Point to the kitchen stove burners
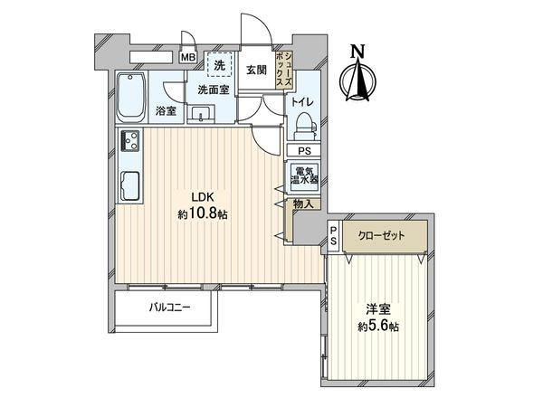tap(129, 142)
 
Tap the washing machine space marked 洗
tap(218, 65)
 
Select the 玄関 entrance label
tap(255, 71)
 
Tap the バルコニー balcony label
tap(169, 308)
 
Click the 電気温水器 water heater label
tap(304, 175)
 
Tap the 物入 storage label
tap(304, 205)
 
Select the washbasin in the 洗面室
tap(201, 114)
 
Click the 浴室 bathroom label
tap(165, 111)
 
